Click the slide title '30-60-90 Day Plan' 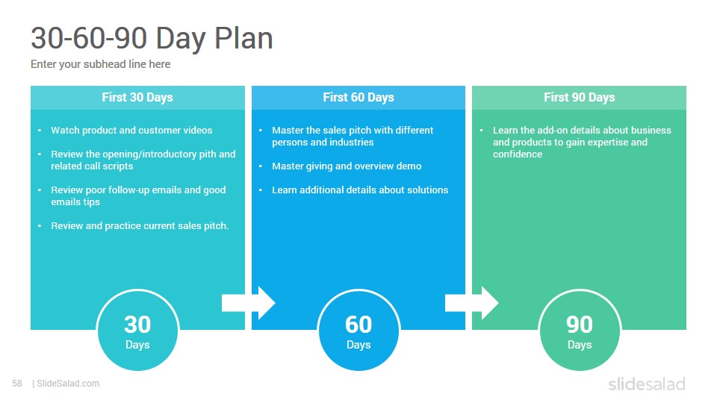point(152,39)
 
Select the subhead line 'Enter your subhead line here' point(101,64)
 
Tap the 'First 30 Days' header point(137,97)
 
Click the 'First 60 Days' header point(358,97)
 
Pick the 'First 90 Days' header point(580,97)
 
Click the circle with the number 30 point(137,330)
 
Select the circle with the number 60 point(358,330)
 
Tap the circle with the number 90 point(580,330)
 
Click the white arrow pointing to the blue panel point(249,303)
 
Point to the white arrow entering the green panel point(471,303)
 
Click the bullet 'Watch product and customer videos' point(131,130)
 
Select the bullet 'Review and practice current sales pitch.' point(140,225)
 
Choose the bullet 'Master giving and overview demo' point(347,166)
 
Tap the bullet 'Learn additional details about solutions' point(360,190)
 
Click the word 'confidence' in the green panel point(518,154)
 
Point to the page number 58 point(17,384)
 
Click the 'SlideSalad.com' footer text point(68,384)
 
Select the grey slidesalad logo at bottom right point(646,384)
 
